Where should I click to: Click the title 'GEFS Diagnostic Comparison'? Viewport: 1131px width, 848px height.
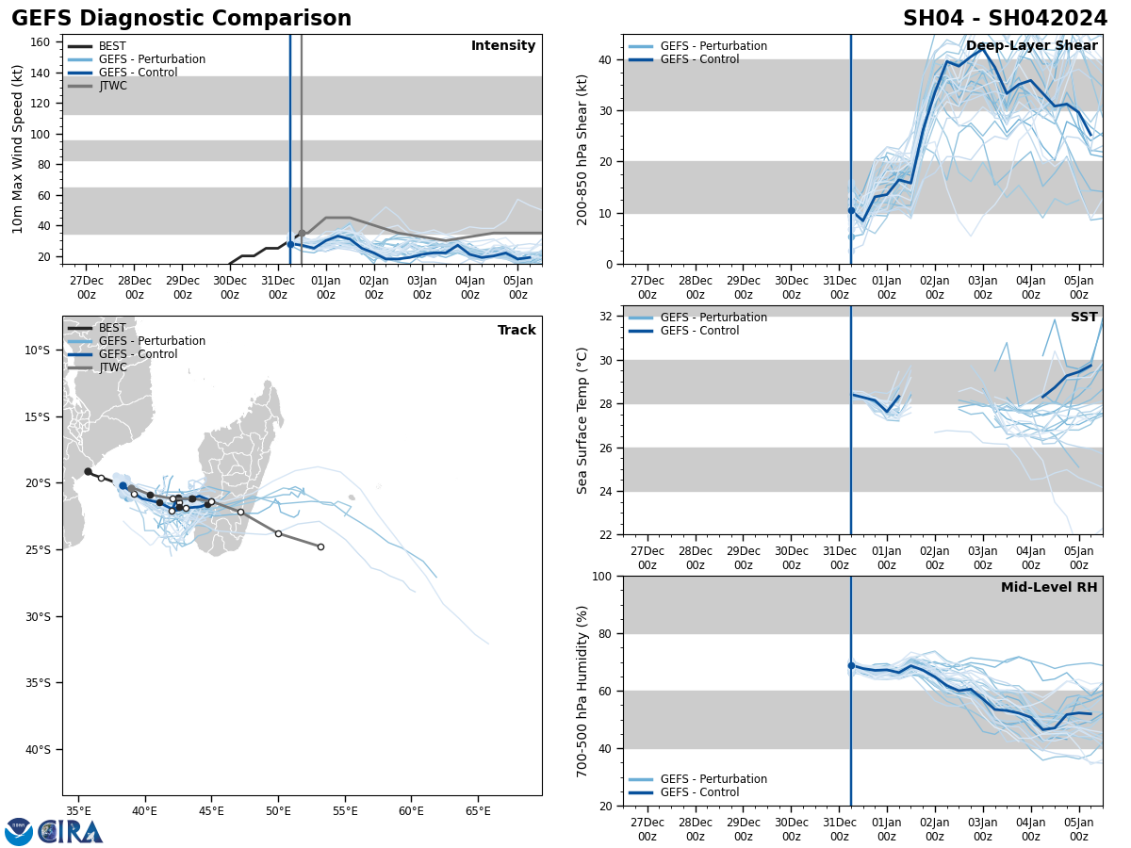tap(181, 19)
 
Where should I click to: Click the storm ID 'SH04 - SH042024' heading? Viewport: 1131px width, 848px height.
tap(1006, 19)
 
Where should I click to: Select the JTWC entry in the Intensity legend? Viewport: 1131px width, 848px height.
tap(112, 86)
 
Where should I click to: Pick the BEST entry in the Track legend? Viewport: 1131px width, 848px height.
tap(112, 328)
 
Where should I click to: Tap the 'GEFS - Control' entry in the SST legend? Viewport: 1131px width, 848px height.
tap(699, 331)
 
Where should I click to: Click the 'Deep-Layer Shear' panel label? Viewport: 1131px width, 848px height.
tap(1031, 46)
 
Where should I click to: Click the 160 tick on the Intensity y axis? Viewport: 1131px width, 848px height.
tap(41, 42)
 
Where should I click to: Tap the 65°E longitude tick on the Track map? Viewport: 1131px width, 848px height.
tap(478, 811)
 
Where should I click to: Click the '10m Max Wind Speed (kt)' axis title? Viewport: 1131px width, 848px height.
tap(18, 149)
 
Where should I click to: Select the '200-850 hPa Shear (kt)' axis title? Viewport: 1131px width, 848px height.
tap(582, 149)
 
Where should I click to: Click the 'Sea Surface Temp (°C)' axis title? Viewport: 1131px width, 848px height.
tap(582, 420)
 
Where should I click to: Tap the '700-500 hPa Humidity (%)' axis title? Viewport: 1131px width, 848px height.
tap(582, 691)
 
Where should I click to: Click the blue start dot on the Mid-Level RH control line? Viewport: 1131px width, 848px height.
tap(851, 665)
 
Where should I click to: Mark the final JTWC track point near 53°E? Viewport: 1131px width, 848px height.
tap(320, 546)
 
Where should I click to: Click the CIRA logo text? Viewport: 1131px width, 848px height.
tap(70, 832)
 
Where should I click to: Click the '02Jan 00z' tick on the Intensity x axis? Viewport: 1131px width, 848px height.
tap(373, 286)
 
